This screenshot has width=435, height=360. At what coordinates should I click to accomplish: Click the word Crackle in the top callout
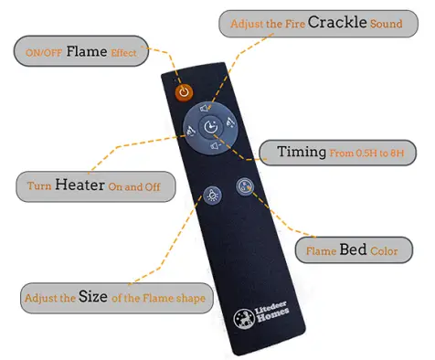(334, 21)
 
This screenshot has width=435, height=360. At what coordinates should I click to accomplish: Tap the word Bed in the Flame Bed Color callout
(354, 249)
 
